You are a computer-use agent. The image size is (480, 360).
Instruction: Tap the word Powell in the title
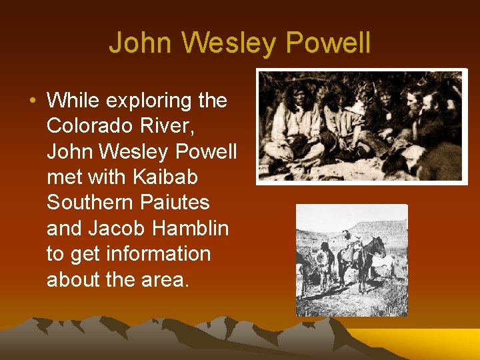tap(329, 43)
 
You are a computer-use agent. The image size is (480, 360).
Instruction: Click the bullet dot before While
tap(32, 101)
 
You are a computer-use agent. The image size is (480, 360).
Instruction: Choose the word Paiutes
tap(177, 203)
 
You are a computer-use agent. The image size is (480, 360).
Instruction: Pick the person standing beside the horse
tap(325, 263)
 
